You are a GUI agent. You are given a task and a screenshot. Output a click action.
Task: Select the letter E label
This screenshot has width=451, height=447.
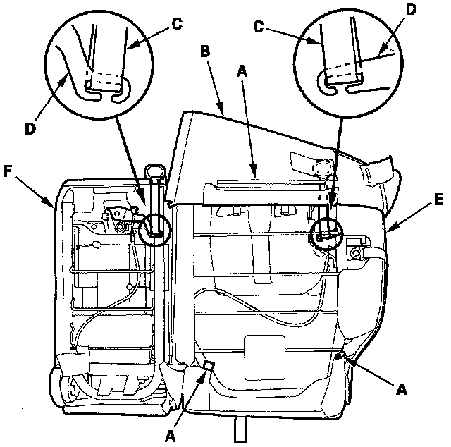click(x=438, y=200)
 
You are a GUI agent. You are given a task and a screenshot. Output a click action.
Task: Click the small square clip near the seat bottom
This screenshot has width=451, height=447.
click(x=207, y=365)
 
